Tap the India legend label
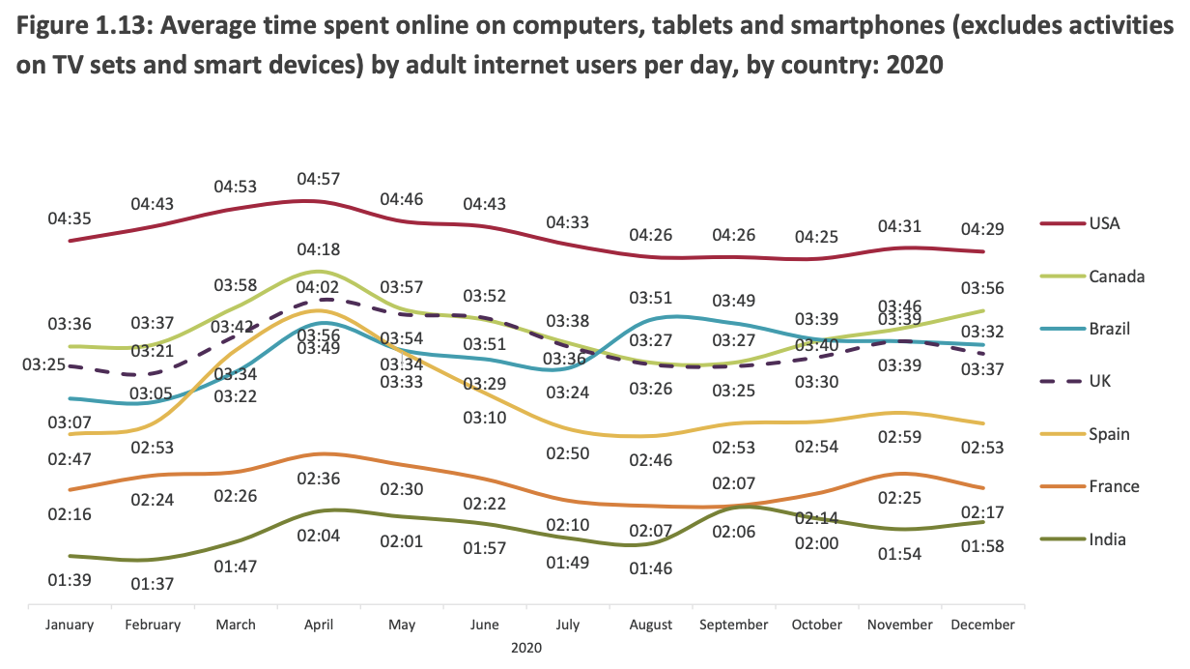(x=1106, y=539)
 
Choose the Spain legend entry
(x=1108, y=434)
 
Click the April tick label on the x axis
(x=319, y=625)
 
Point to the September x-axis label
(x=734, y=625)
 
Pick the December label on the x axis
(x=983, y=625)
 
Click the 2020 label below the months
(x=526, y=646)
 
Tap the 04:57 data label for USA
(x=319, y=179)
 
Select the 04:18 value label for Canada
(x=319, y=249)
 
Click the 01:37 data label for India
(x=153, y=584)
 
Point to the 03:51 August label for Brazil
(x=651, y=298)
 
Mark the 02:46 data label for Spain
(x=651, y=460)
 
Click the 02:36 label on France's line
(x=319, y=478)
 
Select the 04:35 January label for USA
(x=70, y=218)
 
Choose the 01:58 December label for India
(x=983, y=546)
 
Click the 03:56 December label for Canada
(x=983, y=288)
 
